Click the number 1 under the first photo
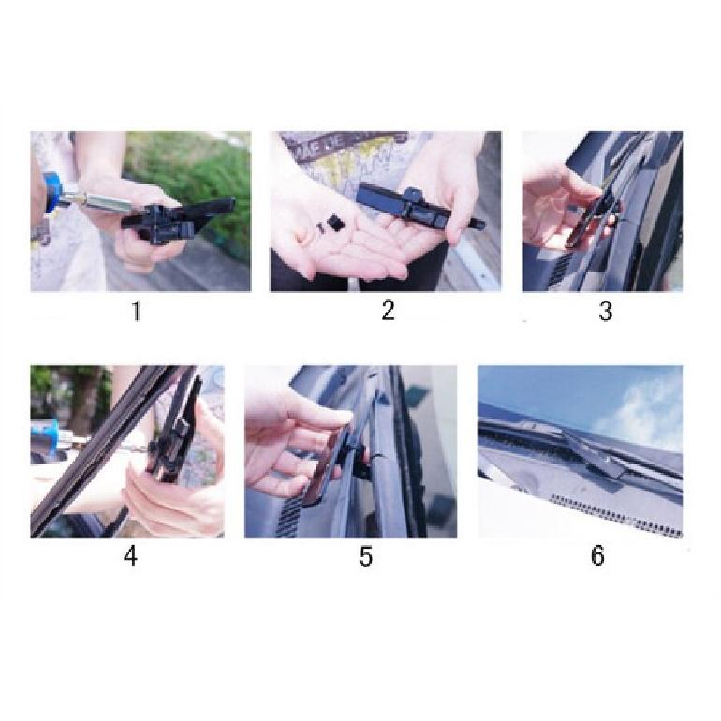(x=136, y=311)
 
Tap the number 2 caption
(x=388, y=310)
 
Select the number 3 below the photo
(x=606, y=311)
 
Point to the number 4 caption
(x=130, y=556)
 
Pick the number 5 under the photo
(x=366, y=556)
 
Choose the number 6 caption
(x=597, y=555)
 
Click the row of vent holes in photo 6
(x=616, y=514)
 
